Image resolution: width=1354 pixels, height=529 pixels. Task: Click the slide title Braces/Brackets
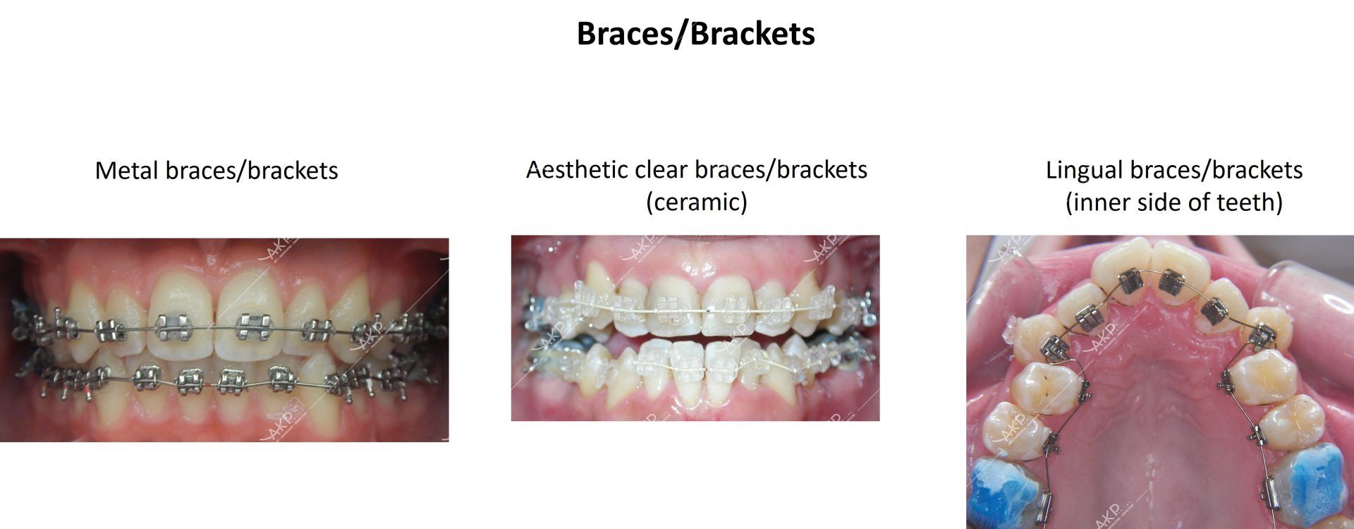[695, 33]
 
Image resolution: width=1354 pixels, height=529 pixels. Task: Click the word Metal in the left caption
[127, 171]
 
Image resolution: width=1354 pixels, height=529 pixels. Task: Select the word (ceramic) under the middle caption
[696, 202]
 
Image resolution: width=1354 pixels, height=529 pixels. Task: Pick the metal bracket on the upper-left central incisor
[171, 324]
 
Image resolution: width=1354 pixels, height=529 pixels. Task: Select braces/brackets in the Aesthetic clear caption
[781, 170]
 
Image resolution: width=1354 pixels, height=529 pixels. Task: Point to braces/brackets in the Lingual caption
[1216, 170]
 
